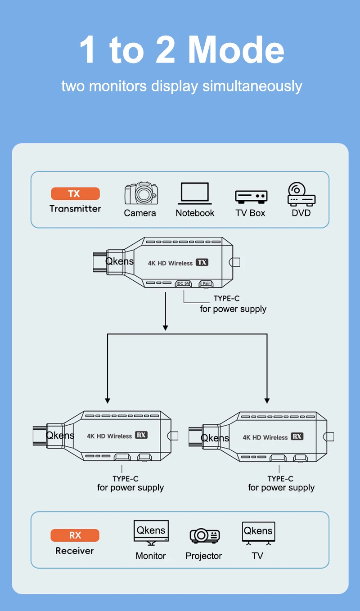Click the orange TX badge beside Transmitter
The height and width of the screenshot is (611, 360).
pos(75,194)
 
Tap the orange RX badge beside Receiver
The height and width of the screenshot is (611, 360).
pos(75,535)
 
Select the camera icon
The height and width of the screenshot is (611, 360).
pos(140,194)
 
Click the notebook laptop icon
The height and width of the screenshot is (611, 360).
pos(195,193)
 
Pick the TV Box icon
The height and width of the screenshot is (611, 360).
pos(251,196)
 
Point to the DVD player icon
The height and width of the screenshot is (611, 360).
pos(301,194)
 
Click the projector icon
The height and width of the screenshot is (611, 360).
pos(204,535)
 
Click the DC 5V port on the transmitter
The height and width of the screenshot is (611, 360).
pos(183,283)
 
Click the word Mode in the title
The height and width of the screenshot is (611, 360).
pos(236,50)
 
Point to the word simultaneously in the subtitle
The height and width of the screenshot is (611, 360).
pos(252,86)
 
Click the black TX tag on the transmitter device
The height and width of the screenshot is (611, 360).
pos(202,262)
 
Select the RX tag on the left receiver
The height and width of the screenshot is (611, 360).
pos(141,435)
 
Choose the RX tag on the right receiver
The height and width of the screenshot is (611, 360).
pos(297,436)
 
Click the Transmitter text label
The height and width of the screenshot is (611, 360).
pos(75,209)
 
